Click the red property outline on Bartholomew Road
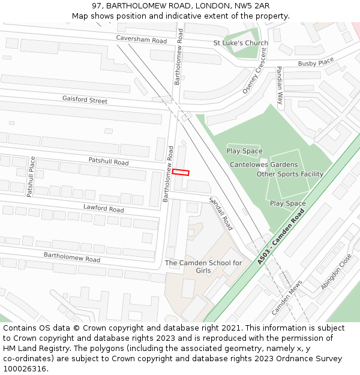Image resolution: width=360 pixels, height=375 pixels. click(181, 172)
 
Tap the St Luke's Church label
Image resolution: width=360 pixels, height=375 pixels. click(241, 43)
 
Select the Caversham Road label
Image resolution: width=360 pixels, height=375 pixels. click(142, 40)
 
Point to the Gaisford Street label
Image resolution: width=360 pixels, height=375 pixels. click(85, 100)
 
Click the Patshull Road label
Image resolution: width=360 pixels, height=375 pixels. click(109, 162)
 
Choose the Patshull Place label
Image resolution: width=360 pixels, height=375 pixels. click(31, 176)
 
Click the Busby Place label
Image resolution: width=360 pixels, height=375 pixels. click(316, 62)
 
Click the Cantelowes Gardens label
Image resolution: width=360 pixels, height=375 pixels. click(263, 164)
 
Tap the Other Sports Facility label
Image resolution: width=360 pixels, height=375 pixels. click(290, 174)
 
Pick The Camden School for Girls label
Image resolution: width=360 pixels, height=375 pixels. click(203, 266)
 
